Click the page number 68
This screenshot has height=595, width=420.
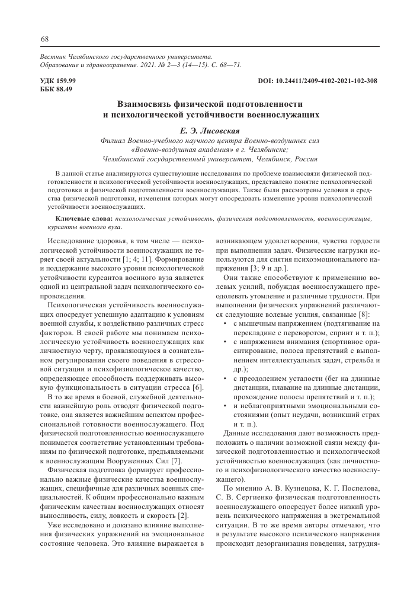point(44,39)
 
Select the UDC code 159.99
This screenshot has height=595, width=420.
point(63,81)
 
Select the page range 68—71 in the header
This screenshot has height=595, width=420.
point(227,64)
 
